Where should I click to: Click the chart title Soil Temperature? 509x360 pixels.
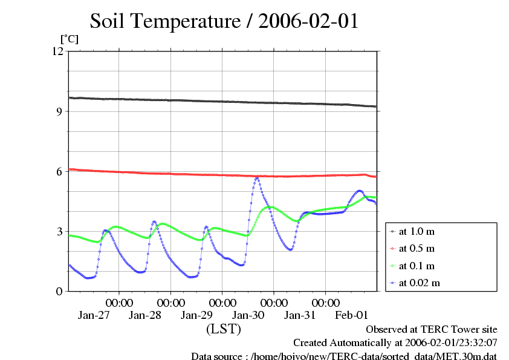[224, 22]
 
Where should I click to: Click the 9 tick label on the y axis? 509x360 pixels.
[59, 111]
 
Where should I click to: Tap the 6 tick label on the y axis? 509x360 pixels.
[59, 171]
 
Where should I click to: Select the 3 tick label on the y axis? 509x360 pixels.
[59, 231]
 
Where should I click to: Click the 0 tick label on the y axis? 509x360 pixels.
[59, 291]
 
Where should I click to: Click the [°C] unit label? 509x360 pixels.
[69, 39]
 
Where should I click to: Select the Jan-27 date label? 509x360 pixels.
[94, 315]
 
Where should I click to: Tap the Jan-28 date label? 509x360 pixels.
[146, 315]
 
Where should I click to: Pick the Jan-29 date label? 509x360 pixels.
[197, 315]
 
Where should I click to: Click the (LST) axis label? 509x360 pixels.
[224, 329]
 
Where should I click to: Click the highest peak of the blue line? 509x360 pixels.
[257, 178]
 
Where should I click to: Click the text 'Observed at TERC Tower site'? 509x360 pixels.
[432, 329]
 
